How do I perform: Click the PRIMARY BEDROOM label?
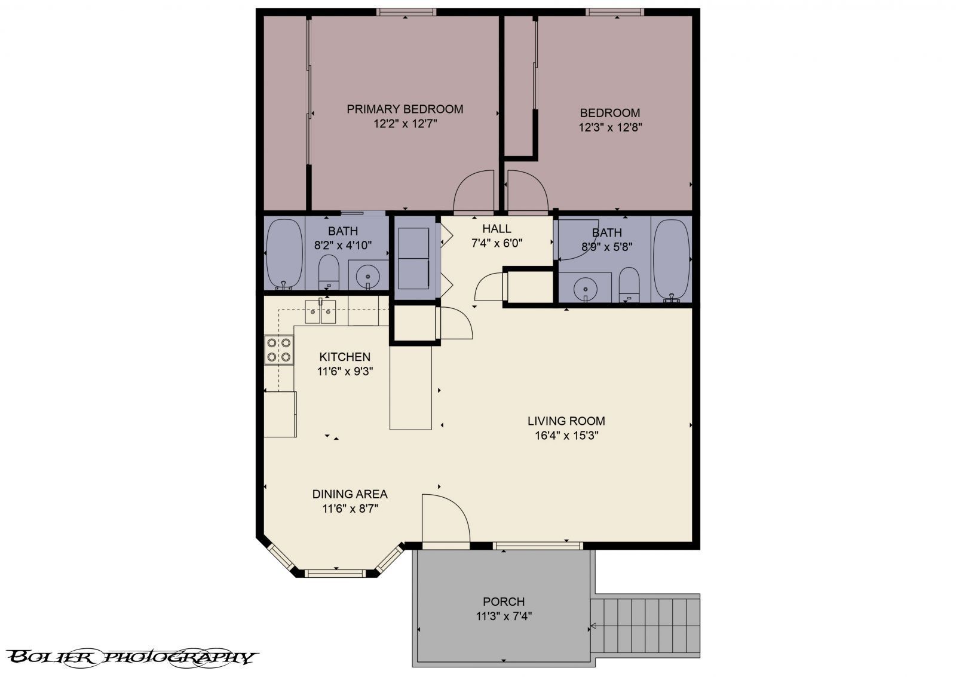coord(405,109)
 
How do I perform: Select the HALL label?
coord(497,229)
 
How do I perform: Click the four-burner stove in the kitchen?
coord(279,350)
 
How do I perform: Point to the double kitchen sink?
coord(320,312)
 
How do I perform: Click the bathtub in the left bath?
coord(284,254)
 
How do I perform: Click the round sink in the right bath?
coord(584,289)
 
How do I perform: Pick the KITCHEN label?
coord(345,357)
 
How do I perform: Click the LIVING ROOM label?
coord(566,421)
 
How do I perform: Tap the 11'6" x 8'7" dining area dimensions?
coord(350,509)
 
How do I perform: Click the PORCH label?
coord(504,602)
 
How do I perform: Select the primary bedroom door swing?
coord(474,192)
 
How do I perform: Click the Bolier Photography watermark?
coord(133,657)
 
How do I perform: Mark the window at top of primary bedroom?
coord(406,12)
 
